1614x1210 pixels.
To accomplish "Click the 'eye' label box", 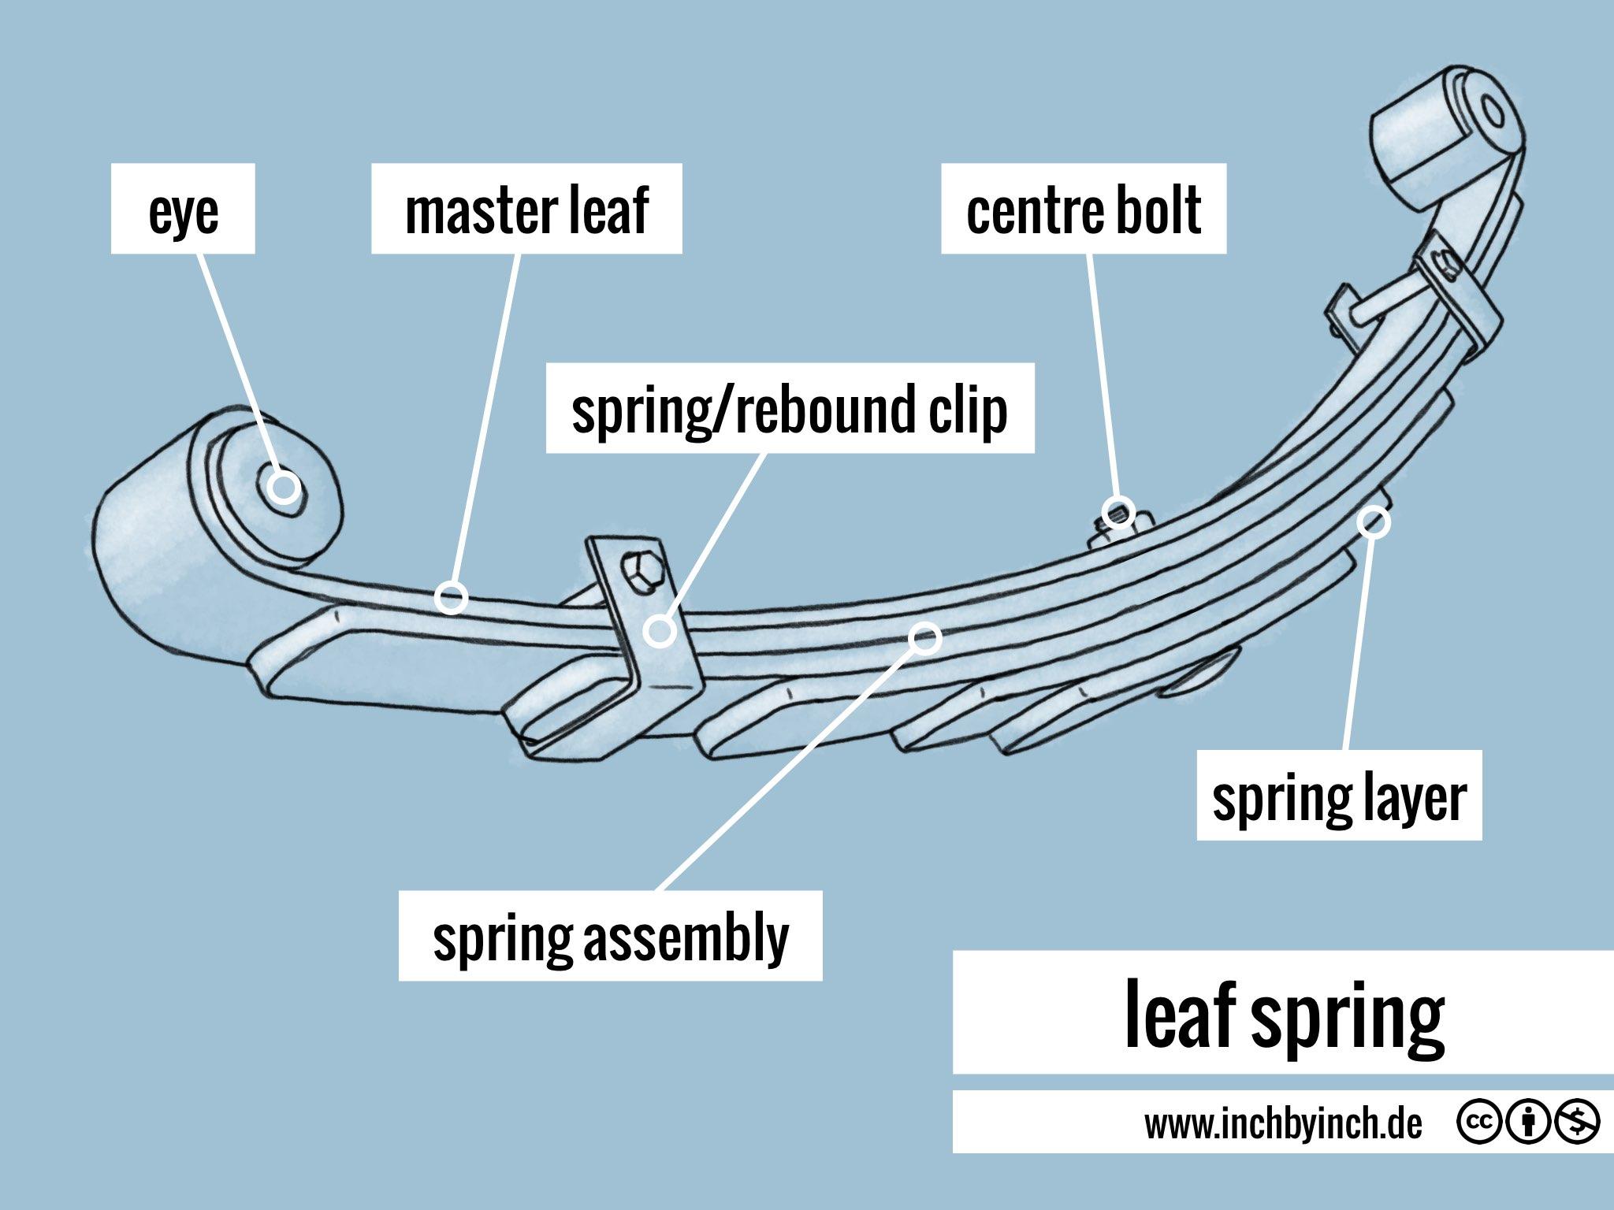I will [183, 210].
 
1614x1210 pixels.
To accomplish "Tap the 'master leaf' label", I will [526, 210].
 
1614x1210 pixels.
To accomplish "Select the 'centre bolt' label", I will [1084, 210].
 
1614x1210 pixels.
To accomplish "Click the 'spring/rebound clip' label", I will [790, 408].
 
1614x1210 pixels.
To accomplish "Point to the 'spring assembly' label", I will [611, 937].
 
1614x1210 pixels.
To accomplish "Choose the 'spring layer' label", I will [1339, 796].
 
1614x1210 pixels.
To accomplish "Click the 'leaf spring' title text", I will [1283, 1015].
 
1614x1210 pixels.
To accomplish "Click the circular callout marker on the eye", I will [284, 487].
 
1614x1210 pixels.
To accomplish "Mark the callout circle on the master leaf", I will [451, 597].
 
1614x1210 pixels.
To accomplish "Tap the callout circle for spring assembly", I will [925, 637].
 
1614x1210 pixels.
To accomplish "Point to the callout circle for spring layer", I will [1374, 521].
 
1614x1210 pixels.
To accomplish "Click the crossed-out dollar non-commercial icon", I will [1578, 1123].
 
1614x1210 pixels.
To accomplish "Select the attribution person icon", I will [1527, 1123].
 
